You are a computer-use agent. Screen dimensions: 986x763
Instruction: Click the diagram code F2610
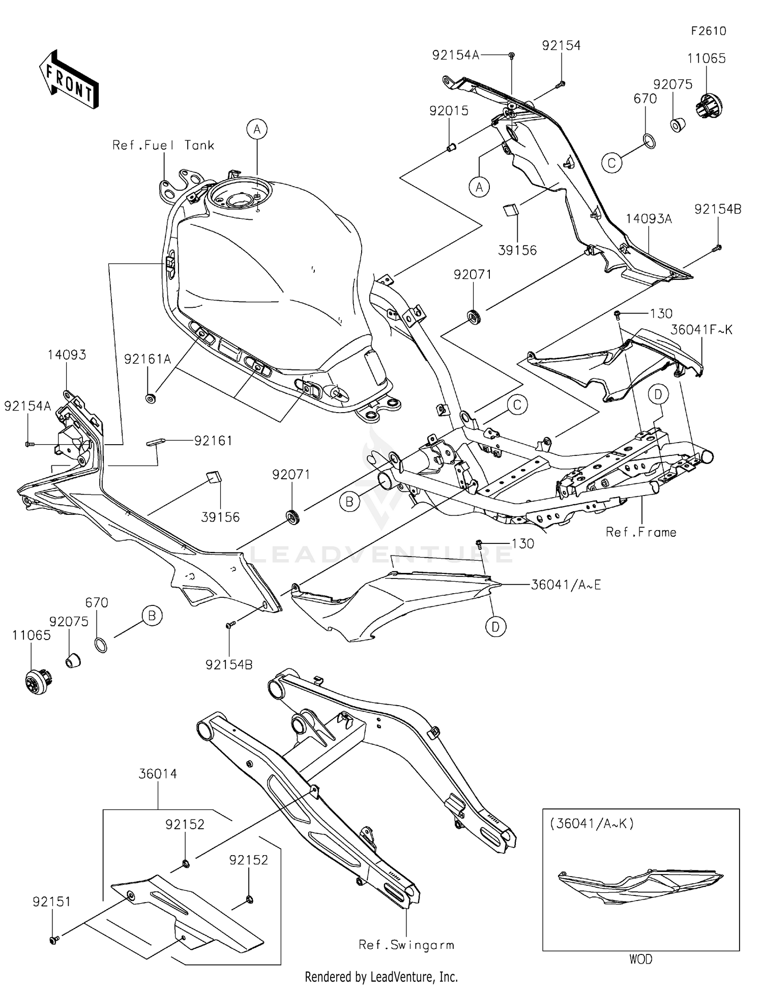(x=709, y=31)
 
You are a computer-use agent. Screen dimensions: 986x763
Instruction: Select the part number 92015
(x=449, y=110)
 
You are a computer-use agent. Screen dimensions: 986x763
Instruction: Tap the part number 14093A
(x=649, y=219)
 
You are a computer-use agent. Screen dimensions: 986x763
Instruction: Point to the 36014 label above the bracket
(x=158, y=774)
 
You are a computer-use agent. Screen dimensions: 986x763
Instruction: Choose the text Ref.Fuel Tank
(x=163, y=146)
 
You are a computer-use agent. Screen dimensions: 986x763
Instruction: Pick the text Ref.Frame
(x=641, y=532)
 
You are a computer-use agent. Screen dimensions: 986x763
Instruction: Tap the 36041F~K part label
(x=701, y=330)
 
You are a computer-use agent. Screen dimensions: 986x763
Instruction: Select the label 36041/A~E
(x=566, y=585)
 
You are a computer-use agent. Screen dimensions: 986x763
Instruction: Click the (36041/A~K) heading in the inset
(x=592, y=823)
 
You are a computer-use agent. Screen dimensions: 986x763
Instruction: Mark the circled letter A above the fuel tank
(x=257, y=129)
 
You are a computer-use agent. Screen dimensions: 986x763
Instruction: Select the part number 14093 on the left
(x=67, y=355)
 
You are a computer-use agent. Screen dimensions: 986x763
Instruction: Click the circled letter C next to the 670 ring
(x=611, y=163)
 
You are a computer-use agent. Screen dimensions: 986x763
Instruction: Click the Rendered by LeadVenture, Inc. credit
(x=381, y=977)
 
